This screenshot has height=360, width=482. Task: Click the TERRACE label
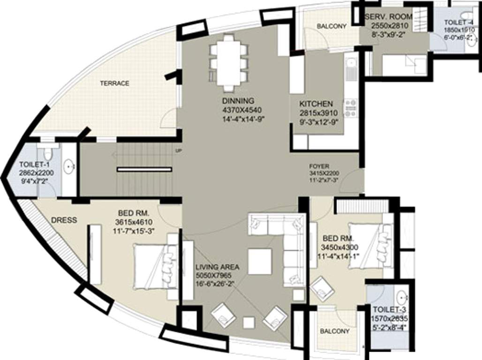(114, 83)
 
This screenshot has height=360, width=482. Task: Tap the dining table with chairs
(228, 62)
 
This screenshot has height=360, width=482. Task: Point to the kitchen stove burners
(350, 108)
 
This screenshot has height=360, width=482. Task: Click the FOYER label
(319, 166)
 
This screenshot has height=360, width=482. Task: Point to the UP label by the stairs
(178, 151)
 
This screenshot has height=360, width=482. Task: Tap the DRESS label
(64, 220)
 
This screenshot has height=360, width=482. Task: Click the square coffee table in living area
(259, 261)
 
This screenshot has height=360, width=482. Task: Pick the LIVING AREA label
(217, 267)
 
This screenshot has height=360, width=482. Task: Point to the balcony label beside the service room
(331, 27)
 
